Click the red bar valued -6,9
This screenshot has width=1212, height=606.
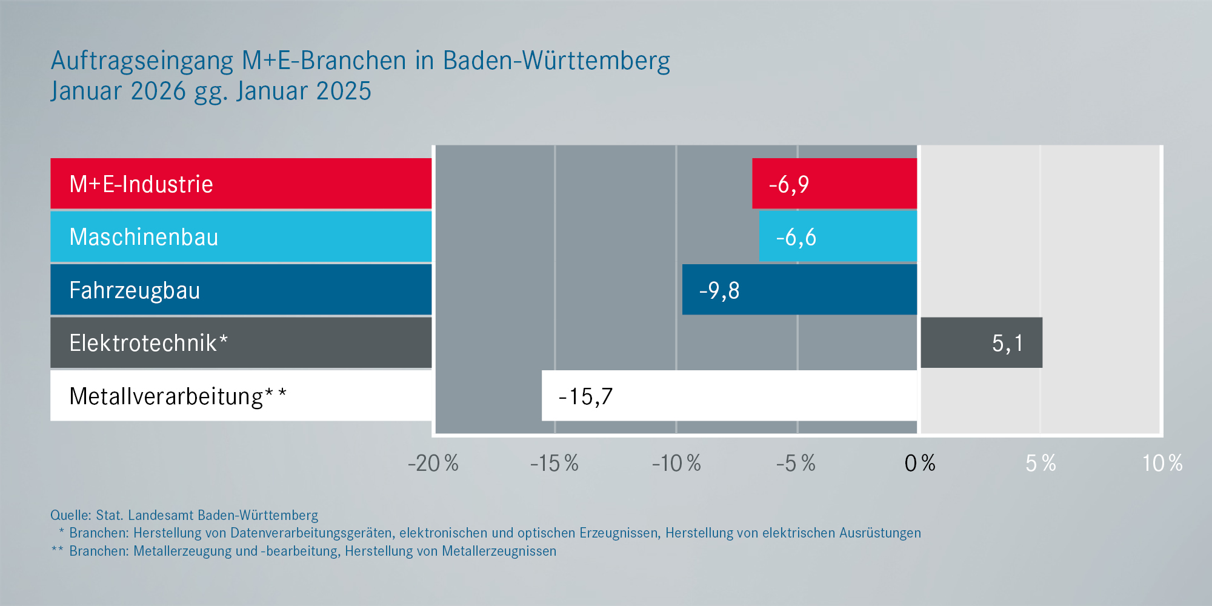click(x=834, y=184)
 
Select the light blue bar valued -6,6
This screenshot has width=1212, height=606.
click(x=838, y=236)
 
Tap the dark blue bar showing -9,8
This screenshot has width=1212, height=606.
click(x=799, y=290)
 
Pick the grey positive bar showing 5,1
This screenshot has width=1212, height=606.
click(x=981, y=342)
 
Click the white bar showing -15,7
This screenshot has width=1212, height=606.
click(x=730, y=396)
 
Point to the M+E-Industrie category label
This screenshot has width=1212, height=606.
click(x=141, y=184)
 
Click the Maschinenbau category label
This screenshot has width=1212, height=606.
click(x=144, y=237)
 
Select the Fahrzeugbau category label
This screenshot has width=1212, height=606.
click(x=135, y=290)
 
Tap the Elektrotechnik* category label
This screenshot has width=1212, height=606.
click(x=148, y=343)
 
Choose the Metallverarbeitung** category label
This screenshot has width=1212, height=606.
click(x=178, y=396)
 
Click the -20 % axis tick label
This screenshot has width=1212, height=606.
click(x=433, y=464)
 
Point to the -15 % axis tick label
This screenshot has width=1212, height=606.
click(x=554, y=464)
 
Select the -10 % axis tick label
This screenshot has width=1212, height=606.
click(x=676, y=464)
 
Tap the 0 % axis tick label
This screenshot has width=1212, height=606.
click(x=919, y=464)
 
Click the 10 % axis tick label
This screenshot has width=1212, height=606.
click(x=1162, y=464)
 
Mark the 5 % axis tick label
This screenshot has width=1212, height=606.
click(x=1041, y=464)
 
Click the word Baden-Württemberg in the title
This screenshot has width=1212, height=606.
click(x=556, y=61)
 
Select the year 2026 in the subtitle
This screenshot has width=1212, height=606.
click(x=158, y=92)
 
